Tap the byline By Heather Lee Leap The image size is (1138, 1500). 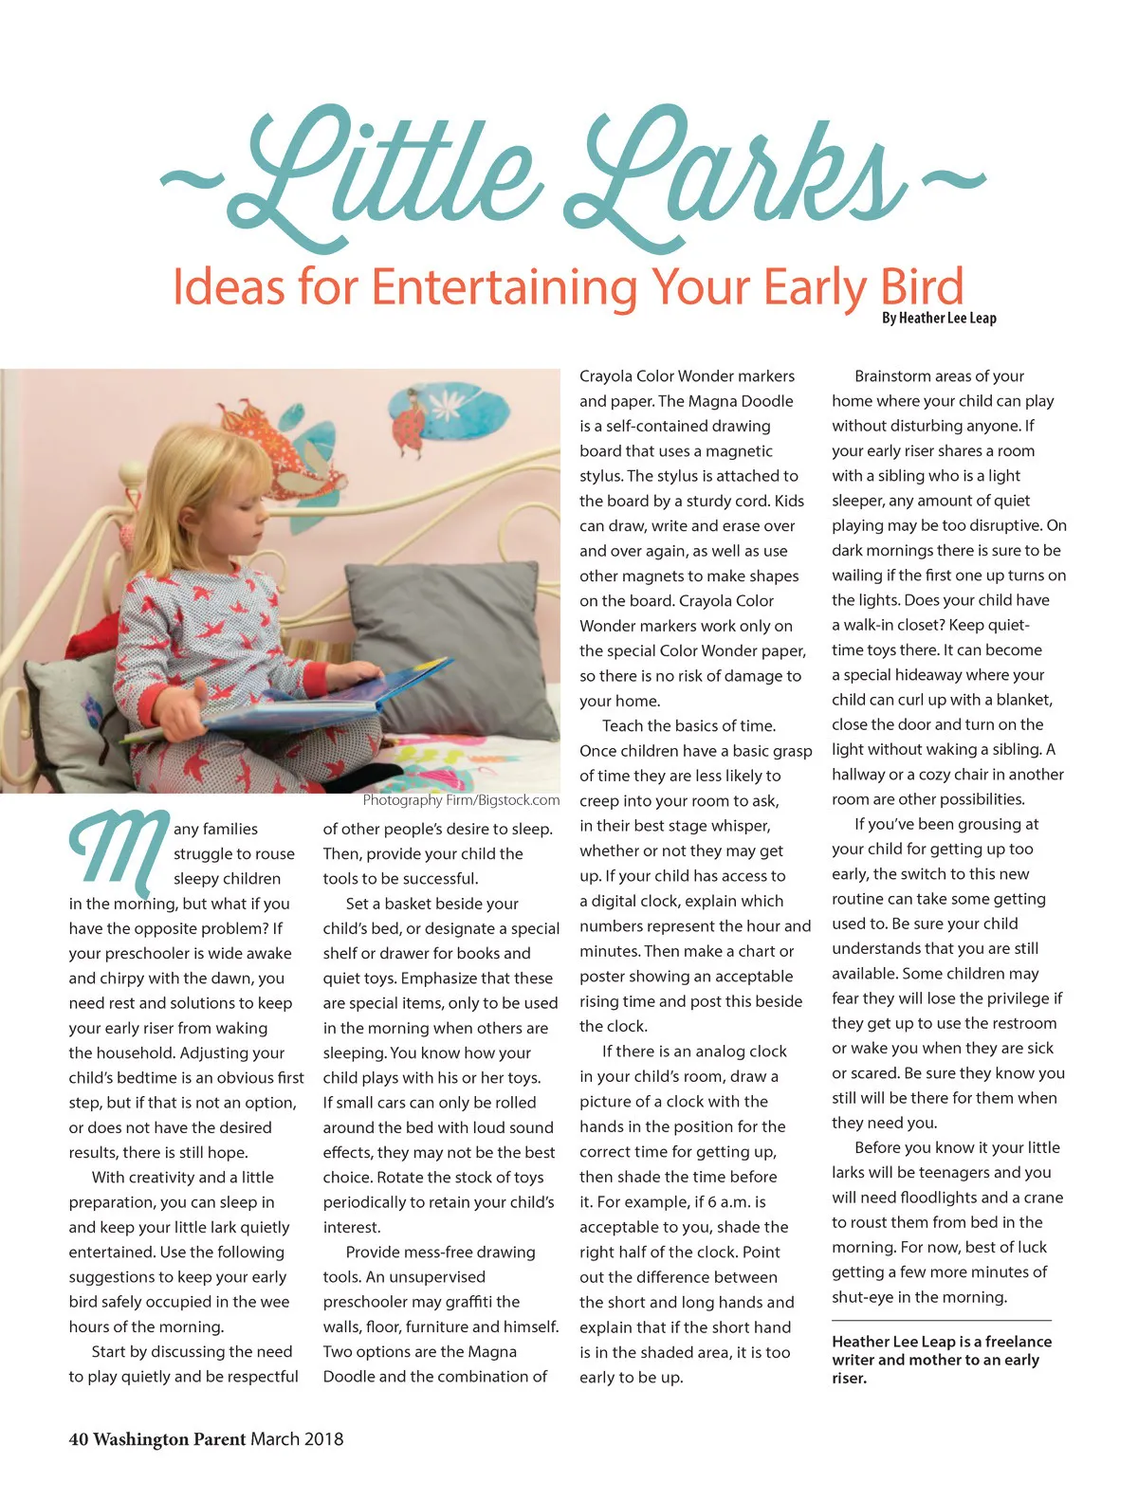pyautogui.click(x=938, y=319)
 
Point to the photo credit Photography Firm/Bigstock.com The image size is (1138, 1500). pyautogui.click(x=461, y=800)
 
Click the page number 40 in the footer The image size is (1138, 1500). pyautogui.click(x=78, y=1439)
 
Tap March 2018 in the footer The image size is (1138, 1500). pyautogui.click(x=297, y=1439)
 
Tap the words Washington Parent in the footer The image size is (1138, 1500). pyautogui.click(x=170, y=1439)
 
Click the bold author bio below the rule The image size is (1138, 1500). pyautogui.click(x=941, y=1360)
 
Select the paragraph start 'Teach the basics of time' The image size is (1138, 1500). pyautogui.click(x=688, y=726)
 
